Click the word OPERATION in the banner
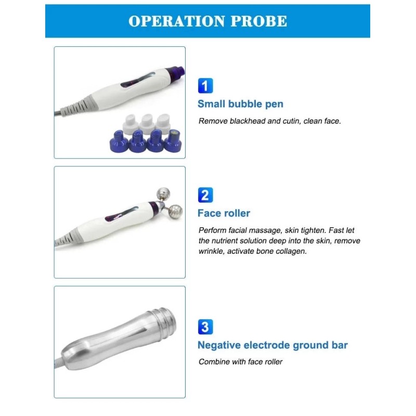(x=177, y=21)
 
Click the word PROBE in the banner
(x=259, y=21)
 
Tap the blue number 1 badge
(x=205, y=86)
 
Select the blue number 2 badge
(x=205, y=195)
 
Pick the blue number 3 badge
(x=205, y=327)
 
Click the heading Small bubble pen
(x=240, y=103)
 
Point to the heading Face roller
(x=224, y=213)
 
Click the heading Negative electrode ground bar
(x=272, y=345)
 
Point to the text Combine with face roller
(x=240, y=361)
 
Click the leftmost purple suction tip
(x=119, y=142)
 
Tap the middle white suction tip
(x=147, y=124)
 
